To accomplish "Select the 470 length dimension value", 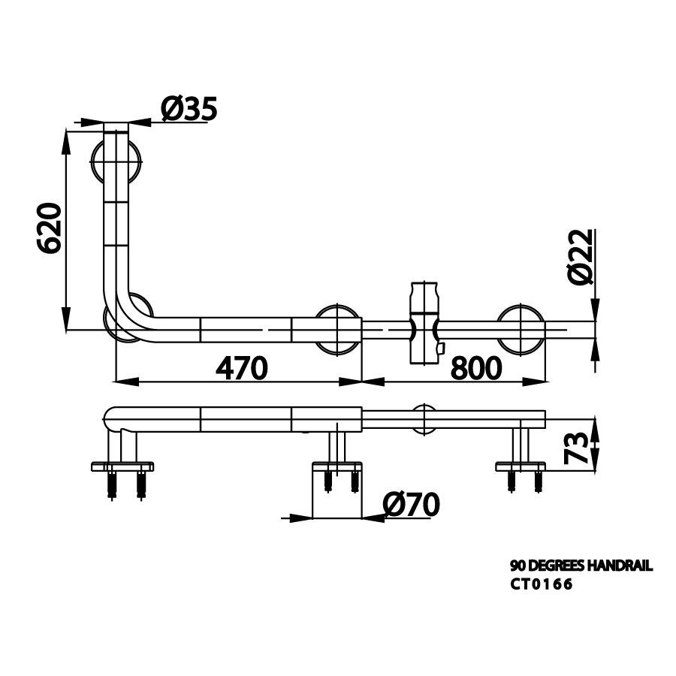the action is click(241, 368).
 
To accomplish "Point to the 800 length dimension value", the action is click(476, 368).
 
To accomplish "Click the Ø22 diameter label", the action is click(581, 257).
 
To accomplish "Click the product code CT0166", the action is click(542, 584).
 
